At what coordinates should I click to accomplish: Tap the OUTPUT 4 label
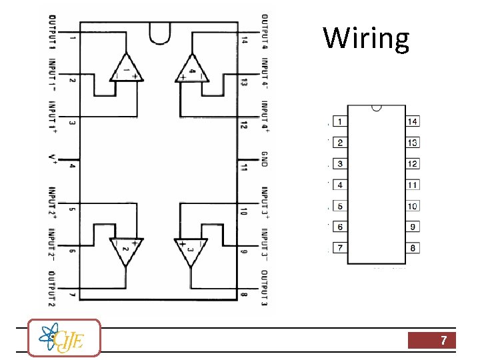coord(264,32)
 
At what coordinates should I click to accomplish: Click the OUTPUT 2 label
coord(52,289)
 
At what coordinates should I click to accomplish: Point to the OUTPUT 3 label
coord(264,288)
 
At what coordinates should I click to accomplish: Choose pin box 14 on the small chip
coord(413,121)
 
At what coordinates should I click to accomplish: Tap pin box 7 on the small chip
coord(340,248)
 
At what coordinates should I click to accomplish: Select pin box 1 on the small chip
coord(340,121)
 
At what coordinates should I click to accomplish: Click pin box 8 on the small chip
coord(413,248)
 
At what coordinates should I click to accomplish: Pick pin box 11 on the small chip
coord(413,185)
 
